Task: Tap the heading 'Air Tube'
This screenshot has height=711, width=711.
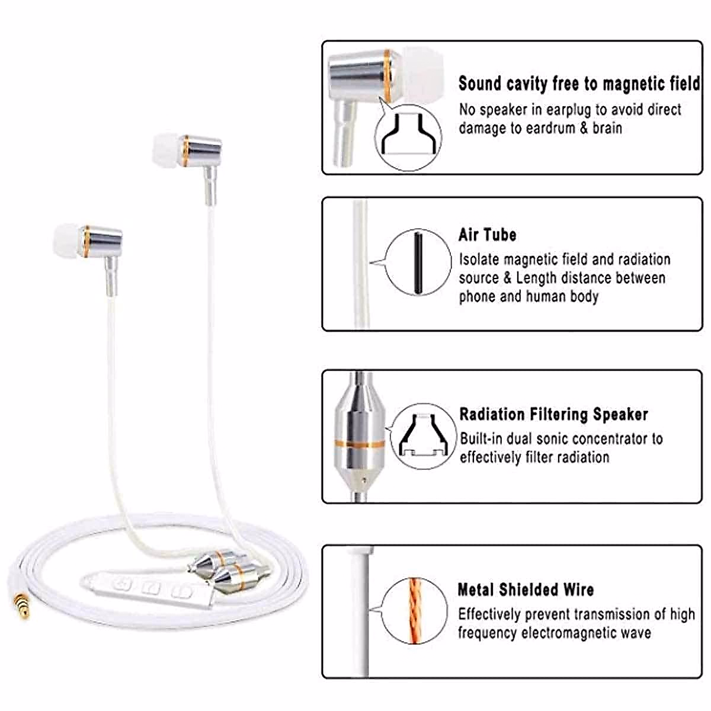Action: click(487, 235)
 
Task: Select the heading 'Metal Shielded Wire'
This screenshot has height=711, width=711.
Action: click(526, 590)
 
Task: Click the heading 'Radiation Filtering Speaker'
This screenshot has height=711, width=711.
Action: click(553, 414)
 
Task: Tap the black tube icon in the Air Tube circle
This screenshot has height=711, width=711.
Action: click(418, 262)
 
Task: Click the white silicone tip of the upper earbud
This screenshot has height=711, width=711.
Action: click(168, 148)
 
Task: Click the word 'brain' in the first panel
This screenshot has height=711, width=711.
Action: click(606, 128)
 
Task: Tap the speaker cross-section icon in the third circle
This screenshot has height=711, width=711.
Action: click(421, 437)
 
